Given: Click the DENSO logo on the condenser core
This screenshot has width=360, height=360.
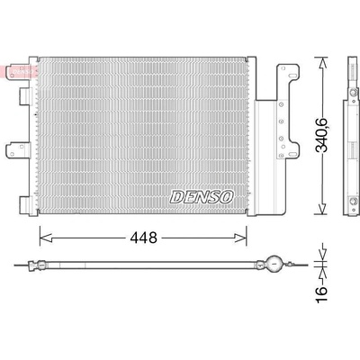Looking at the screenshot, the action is [202, 197].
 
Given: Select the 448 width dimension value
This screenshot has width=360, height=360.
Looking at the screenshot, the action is [143, 238].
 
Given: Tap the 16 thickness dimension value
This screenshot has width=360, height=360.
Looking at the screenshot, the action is [321, 294].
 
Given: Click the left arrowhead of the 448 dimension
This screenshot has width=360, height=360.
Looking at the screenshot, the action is [46, 238].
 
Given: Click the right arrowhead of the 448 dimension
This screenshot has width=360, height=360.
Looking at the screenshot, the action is [240, 238].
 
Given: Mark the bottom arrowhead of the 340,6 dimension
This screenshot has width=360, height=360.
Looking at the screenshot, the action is [322, 209].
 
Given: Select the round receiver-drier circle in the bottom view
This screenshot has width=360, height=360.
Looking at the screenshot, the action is [274, 264].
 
